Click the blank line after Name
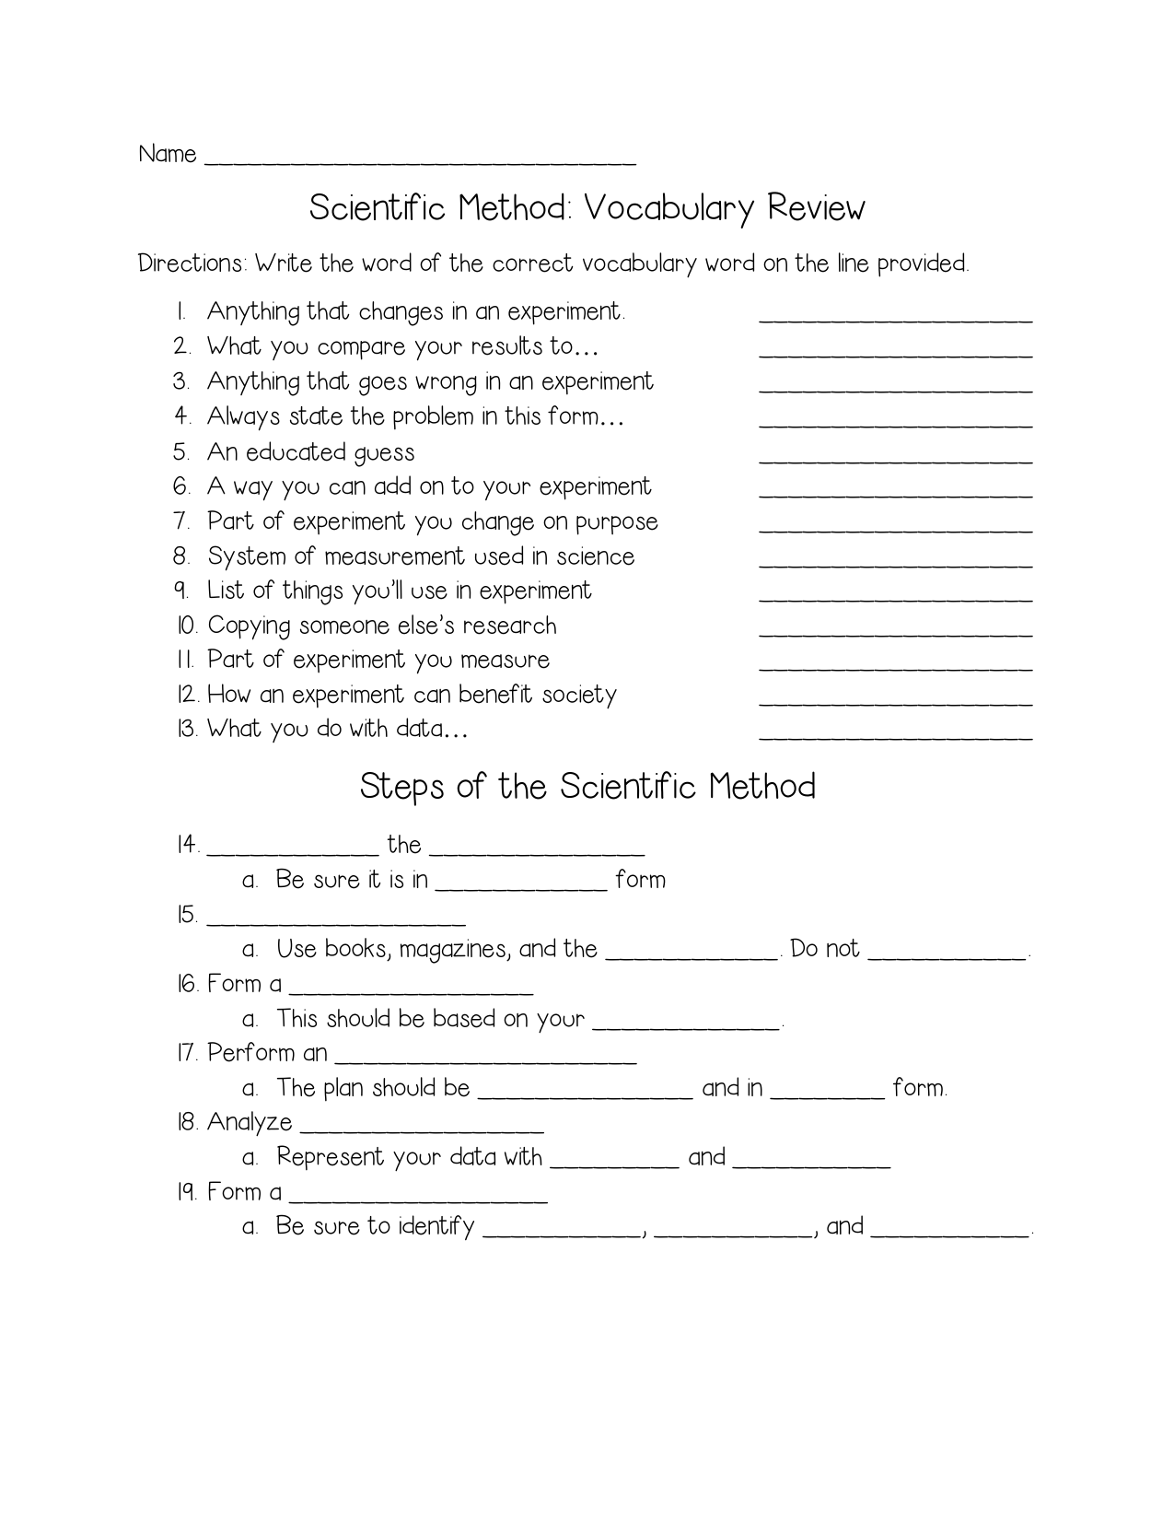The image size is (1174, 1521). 419,160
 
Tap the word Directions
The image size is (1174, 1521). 192,264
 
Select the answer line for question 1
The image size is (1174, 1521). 895,317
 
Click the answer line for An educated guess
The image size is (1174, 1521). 895,458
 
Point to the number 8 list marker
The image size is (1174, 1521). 181,556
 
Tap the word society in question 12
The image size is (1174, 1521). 578,695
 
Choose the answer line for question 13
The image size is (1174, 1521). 895,735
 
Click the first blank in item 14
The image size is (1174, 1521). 293,850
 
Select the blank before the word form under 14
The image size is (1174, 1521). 520,885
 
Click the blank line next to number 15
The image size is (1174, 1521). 336,920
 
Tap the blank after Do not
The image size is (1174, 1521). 947,955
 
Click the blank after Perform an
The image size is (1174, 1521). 485,1059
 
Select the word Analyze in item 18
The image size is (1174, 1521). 250,1123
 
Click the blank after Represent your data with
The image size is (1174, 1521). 614,1164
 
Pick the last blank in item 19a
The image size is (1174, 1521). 948,1233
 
